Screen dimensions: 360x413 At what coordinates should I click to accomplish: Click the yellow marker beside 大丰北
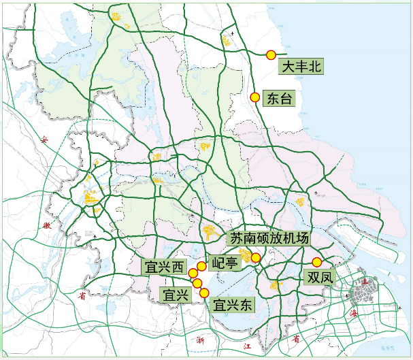(x=271, y=54)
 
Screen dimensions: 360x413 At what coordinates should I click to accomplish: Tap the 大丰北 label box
(x=301, y=67)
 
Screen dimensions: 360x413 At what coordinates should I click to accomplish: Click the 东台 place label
(x=279, y=99)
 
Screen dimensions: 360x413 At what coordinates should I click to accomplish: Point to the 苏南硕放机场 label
(x=269, y=239)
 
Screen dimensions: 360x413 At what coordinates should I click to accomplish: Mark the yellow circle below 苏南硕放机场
(x=256, y=257)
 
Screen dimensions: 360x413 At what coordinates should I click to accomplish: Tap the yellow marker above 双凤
(x=316, y=262)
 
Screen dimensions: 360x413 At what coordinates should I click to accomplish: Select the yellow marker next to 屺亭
(x=201, y=266)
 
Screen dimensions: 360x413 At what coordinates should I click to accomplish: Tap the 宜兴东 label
(x=233, y=306)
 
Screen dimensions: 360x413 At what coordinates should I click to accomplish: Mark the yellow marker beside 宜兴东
(x=204, y=293)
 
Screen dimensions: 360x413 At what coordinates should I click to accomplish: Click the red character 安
(x=45, y=140)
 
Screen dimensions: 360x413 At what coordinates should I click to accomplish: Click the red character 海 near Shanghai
(x=353, y=314)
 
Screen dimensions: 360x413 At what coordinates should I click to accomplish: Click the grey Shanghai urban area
(x=363, y=293)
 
